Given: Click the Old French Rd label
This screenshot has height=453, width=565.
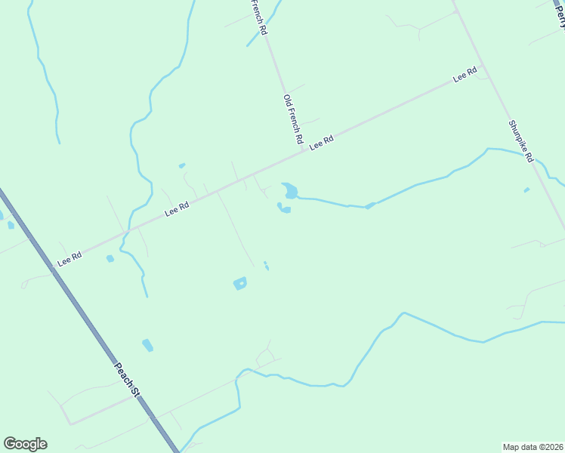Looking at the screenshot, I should click(292, 119).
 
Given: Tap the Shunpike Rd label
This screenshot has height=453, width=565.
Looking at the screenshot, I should click(521, 142).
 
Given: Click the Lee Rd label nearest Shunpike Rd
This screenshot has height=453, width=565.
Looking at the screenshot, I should click(465, 75).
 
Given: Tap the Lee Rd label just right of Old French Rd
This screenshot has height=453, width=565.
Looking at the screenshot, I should click(321, 141).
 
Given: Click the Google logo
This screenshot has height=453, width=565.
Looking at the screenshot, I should click(25, 444).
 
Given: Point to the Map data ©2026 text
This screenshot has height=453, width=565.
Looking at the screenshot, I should click(533, 446).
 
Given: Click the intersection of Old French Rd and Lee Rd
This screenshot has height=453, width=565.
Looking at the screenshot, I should click(304, 149).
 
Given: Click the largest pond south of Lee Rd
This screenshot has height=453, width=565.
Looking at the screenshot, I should click(290, 190).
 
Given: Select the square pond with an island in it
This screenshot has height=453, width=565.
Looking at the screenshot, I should click(240, 284).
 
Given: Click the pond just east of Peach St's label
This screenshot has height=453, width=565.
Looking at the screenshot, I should click(147, 345).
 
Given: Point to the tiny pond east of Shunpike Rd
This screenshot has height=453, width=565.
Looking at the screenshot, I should click(526, 190).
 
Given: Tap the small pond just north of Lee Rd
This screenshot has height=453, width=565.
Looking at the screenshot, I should click(182, 165).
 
